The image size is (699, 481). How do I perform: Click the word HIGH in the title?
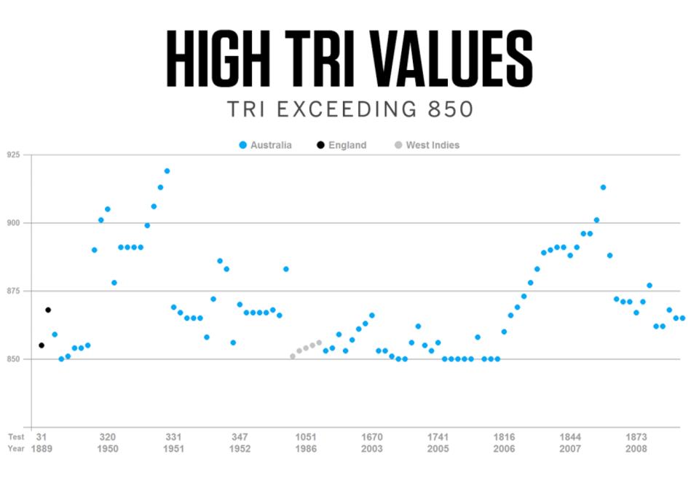pos(218,58)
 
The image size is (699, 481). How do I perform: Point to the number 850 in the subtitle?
pos(450,109)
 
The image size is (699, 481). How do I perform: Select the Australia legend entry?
pos(265,145)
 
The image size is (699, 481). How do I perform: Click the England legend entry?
pos(341,145)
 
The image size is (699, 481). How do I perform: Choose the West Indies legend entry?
pos(427,145)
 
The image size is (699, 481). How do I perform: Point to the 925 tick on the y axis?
pos(13,155)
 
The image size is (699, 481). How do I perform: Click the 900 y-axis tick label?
pos(13,223)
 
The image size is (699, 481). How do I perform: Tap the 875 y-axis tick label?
pos(13,291)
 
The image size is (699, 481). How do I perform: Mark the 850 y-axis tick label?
pos(13,359)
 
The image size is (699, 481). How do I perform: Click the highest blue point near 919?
pos(167,171)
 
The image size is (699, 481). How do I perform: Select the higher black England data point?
pos(48,310)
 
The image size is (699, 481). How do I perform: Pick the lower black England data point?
pos(42,345)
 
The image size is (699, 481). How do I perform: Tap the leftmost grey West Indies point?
pos(293,356)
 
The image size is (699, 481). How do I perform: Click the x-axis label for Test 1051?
pos(306,437)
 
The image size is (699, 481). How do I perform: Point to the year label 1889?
pos(42,448)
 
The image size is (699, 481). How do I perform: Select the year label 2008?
pos(636,448)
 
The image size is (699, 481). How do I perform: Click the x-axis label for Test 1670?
pos(372,437)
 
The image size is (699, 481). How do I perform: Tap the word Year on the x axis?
pos(16,448)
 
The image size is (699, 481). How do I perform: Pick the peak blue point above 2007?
pos(603,187)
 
